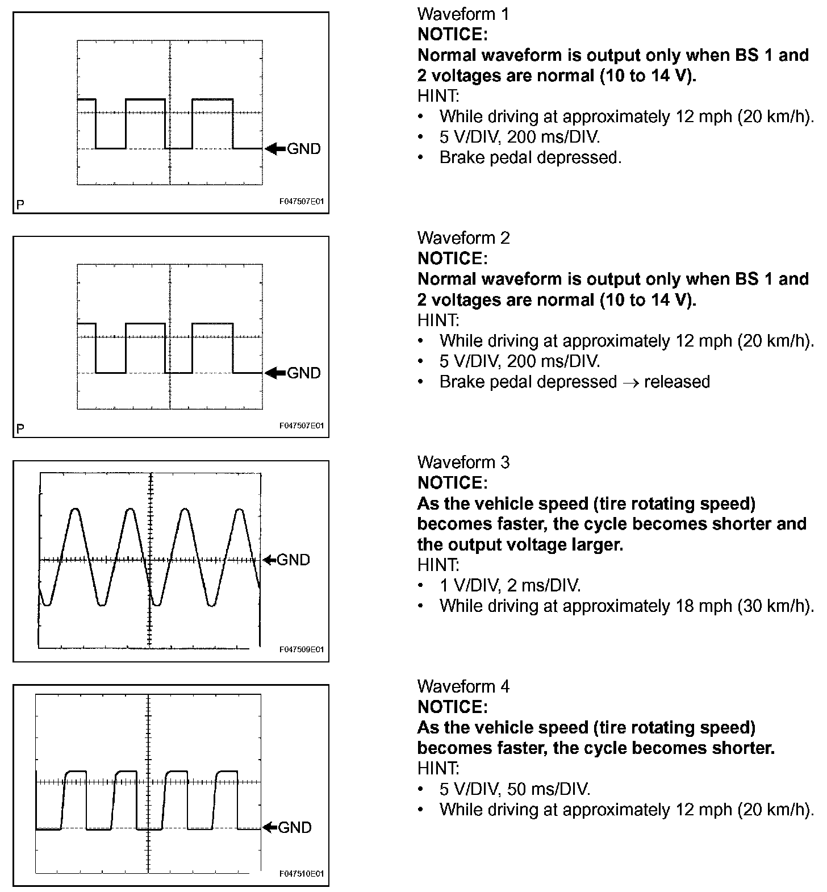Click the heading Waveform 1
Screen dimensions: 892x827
[463, 14]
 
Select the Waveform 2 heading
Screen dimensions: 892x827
[463, 238]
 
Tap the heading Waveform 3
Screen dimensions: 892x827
[463, 462]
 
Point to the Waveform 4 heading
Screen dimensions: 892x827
[463, 686]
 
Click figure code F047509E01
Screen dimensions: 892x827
[302, 649]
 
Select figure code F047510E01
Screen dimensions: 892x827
[302, 874]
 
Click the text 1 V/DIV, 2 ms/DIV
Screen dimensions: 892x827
[509, 586]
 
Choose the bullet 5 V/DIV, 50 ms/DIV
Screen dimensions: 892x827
[515, 789]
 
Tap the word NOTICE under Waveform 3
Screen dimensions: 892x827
[452, 483]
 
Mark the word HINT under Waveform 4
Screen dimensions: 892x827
[438, 769]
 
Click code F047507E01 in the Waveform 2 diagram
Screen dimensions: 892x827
[302, 426]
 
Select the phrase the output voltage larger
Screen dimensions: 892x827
[520, 545]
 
